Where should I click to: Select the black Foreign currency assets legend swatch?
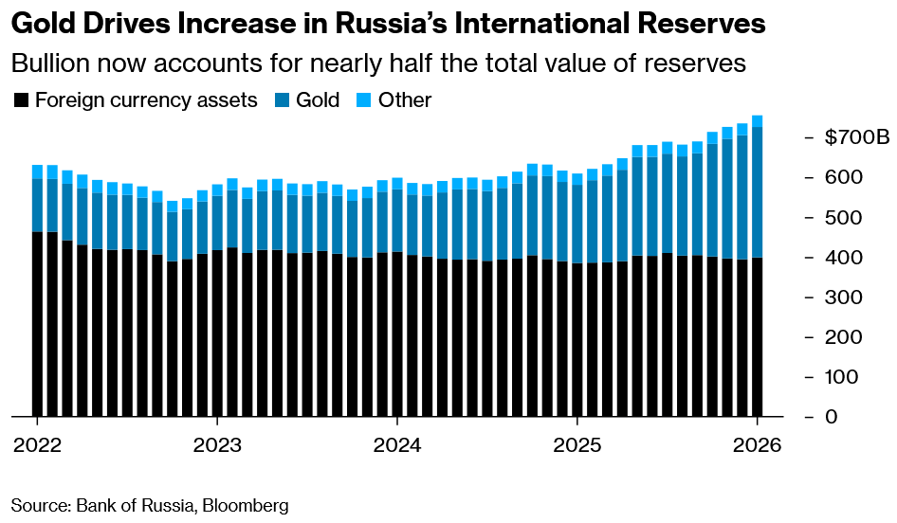pos(21,100)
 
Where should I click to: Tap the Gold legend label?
pos(317,100)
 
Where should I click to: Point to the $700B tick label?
pos(857,138)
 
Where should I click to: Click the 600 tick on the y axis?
pos(842,178)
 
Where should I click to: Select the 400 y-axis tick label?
pos(842,258)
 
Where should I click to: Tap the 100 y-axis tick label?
pos(842,377)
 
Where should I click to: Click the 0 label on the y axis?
pos(831,417)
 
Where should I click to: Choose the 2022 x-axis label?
pos(37,445)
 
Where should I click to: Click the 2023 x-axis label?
pos(217,445)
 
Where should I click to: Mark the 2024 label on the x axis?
pos(397,445)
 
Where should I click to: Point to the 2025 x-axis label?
pos(577,445)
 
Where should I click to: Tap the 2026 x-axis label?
pos(758,445)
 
